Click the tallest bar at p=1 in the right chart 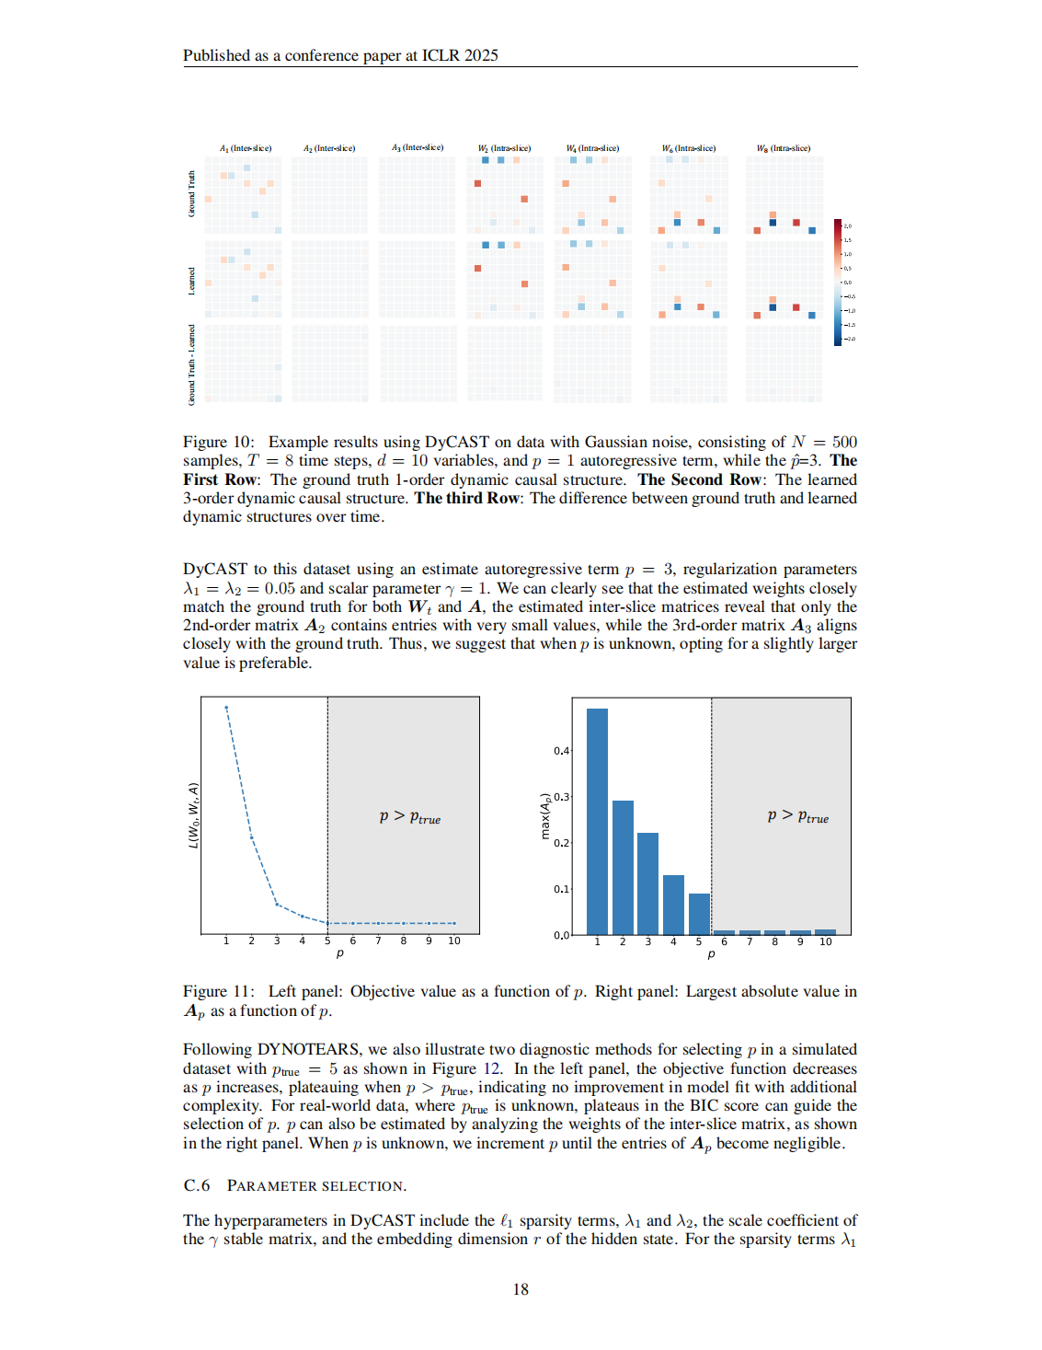(x=597, y=821)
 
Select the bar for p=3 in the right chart (x=647, y=883)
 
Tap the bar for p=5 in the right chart (x=699, y=914)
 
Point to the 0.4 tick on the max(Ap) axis (x=561, y=751)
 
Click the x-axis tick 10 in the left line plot (x=454, y=940)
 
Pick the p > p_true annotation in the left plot (x=410, y=817)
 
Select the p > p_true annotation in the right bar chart (x=797, y=817)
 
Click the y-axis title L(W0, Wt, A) (x=193, y=815)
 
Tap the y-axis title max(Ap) (x=544, y=815)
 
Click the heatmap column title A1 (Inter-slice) (x=246, y=148)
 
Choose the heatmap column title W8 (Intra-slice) (x=784, y=148)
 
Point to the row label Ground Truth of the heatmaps (x=191, y=194)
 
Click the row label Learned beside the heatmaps (x=191, y=281)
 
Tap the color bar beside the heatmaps (x=838, y=283)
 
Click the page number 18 (x=521, y=1289)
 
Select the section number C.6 (x=197, y=1185)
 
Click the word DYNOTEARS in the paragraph (x=308, y=1049)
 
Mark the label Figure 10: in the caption (x=218, y=442)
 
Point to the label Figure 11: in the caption (x=218, y=991)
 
